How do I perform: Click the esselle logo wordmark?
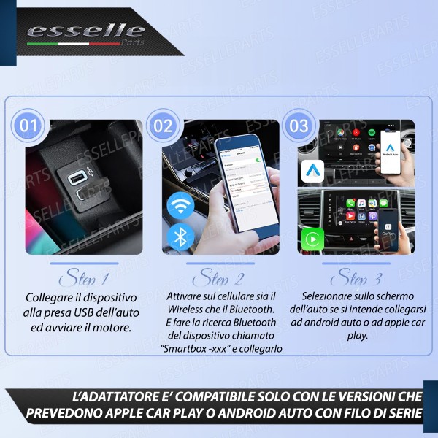[85, 31]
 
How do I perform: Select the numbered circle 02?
[164, 126]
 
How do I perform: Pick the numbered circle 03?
[299, 126]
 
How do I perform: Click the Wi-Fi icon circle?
[180, 205]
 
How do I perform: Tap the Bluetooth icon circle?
[180, 237]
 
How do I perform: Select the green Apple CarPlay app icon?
[312, 238]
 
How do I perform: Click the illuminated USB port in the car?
[75, 178]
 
